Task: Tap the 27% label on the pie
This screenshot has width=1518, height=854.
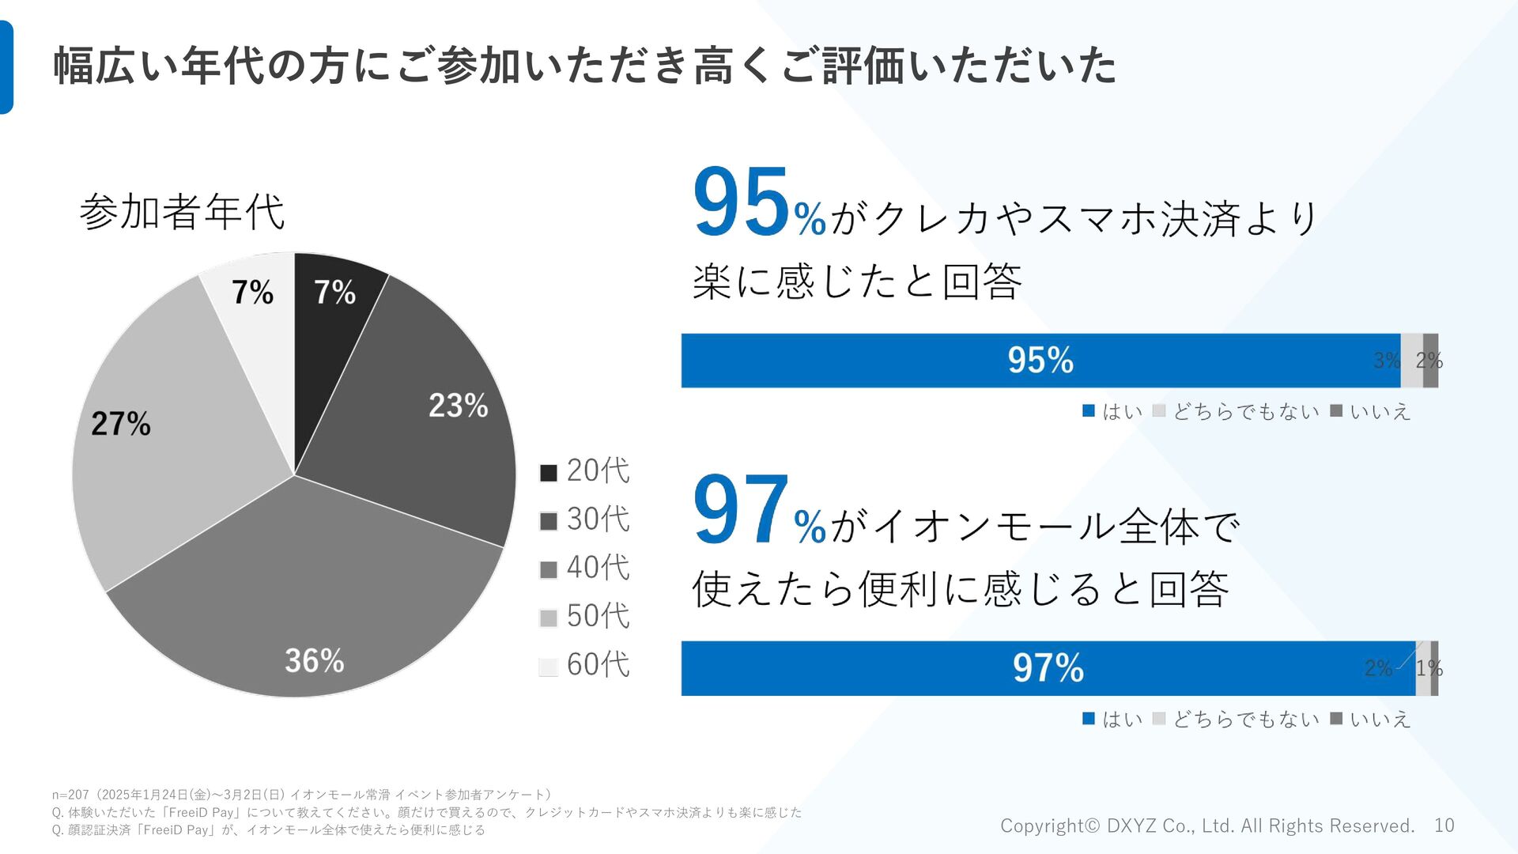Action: (x=120, y=424)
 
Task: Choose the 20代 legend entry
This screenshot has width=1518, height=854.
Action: (x=585, y=471)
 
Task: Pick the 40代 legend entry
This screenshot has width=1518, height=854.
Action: (x=585, y=568)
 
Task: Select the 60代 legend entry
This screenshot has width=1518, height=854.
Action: (x=585, y=665)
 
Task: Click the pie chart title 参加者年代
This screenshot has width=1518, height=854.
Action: (x=182, y=212)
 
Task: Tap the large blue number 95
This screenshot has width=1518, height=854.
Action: (x=742, y=203)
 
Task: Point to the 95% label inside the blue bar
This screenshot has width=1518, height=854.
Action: (x=1040, y=361)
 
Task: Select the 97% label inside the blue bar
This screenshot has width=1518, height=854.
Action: (x=1048, y=668)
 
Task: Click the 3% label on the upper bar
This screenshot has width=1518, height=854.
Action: (x=1387, y=361)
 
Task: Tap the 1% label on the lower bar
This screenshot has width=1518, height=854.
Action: (x=1429, y=668)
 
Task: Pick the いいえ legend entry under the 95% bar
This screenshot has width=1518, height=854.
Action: (x=1371, y=411)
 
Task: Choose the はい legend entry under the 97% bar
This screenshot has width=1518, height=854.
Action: (x=1113, y=719)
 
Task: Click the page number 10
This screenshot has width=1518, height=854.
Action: (x=1444, y=826)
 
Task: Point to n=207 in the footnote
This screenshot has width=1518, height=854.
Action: (x=70, y=795)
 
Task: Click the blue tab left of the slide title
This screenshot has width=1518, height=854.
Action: (x=6, y=67)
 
